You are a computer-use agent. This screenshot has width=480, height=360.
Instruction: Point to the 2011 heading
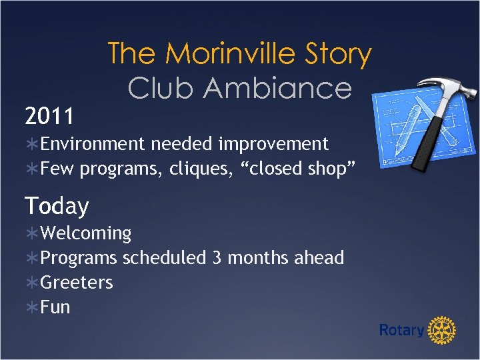coord(49,117)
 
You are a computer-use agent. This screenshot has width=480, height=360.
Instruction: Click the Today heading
coord(57,206)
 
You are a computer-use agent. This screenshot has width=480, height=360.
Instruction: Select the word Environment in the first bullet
coord(93,144)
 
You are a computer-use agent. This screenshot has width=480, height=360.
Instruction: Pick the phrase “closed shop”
coord(299,169)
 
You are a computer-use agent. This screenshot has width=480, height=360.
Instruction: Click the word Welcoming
coord(86,233)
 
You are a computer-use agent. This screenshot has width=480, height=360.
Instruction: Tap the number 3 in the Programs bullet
coord(217,258)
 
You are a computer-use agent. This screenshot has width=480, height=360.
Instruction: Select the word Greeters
coord(77,283)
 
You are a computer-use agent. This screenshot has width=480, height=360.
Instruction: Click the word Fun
coord(55,307)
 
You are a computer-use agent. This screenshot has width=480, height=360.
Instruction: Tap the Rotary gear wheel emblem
coord(441,330)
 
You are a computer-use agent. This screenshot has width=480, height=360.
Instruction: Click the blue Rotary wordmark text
coord(401,330)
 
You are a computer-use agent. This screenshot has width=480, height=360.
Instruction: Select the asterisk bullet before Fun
coord(32,307)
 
